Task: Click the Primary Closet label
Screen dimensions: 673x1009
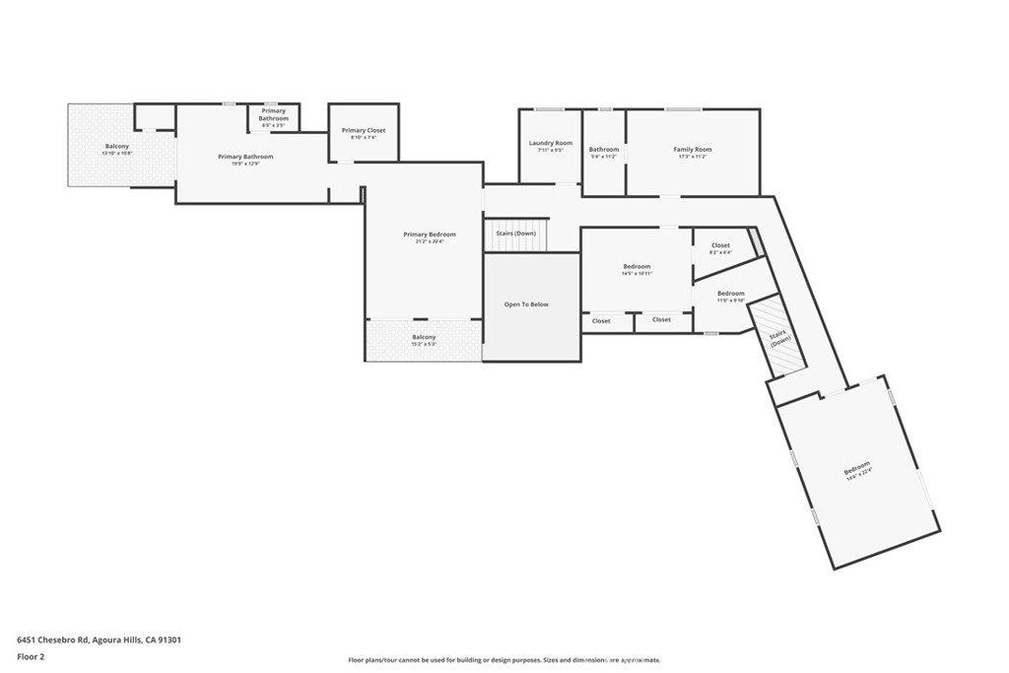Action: click(363, 130)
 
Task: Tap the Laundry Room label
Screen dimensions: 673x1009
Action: click(550, 143)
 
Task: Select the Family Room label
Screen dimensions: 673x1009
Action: click(692, 150)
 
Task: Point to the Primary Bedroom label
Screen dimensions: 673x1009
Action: click(430, 235)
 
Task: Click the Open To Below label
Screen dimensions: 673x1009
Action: click(526, 304)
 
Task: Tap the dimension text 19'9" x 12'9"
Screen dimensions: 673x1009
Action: click(245, 164)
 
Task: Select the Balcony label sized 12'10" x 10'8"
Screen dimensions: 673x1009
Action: click(117, 147)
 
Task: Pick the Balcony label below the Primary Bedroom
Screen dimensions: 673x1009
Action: click(424, 337)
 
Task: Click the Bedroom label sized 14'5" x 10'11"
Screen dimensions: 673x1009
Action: click(637, 266)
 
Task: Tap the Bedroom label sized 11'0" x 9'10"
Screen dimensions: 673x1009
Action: click(730, 294)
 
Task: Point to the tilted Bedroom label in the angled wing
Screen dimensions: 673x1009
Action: click(856, 466)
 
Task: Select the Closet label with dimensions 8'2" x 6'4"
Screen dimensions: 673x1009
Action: click(720, 245)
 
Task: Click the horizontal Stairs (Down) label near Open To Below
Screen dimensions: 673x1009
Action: click(515, 234)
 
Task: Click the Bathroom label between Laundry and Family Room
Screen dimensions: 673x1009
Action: click(604, 150)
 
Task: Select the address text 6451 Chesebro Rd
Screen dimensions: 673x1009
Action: click(53, 639)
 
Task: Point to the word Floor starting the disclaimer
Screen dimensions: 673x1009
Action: click(356, 660)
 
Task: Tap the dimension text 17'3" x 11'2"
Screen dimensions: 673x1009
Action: click(692, 157)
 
